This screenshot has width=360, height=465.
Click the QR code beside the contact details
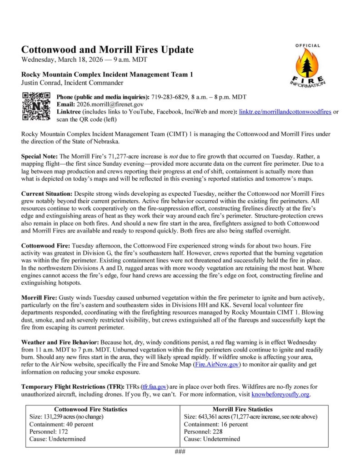(x=36, y=106)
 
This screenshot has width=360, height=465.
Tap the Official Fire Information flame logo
(x=307, y=65)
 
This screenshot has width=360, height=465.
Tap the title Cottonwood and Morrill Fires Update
(x=107, y=50)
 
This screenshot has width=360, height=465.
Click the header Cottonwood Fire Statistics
(x=90, y=409)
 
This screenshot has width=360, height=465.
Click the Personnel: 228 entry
(x=203, y=431)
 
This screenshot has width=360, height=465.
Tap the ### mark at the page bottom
(x=180, y=450)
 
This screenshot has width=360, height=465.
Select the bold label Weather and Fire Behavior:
(x=60, y=341)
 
